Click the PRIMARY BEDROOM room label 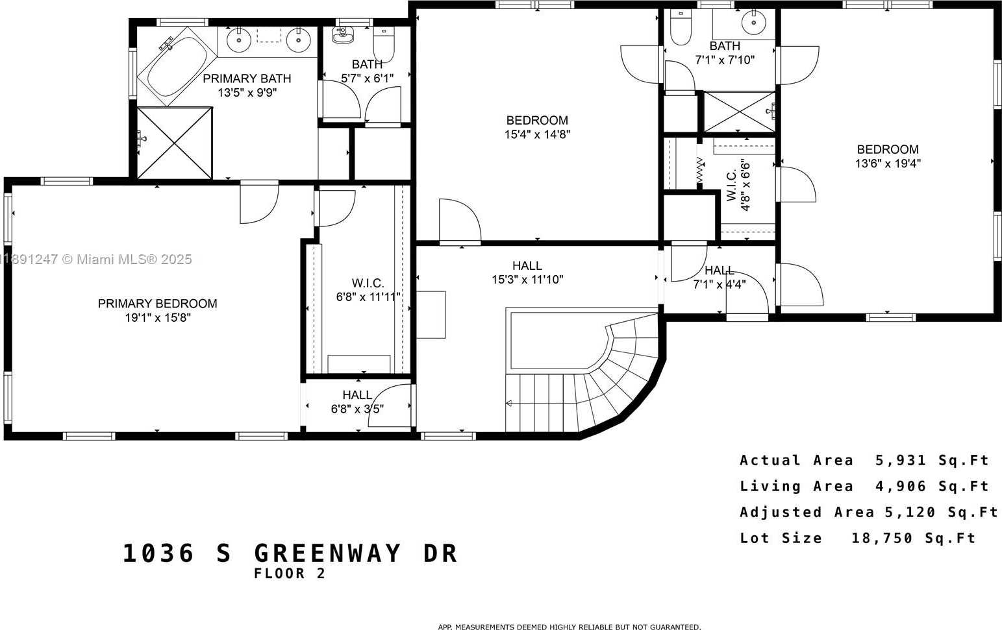(x=157, y=304)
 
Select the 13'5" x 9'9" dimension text (x=247, y=93)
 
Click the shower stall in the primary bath (x=175, y=143)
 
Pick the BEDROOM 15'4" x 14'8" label (x=537, y=127)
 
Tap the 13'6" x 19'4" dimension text (x=888, y=164)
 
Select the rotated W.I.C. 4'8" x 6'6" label (x=738, y=185)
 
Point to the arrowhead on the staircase (x=509, y=404)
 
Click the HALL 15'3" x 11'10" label (x=527, y=273)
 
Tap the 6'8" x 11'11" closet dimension (x=368, y=297)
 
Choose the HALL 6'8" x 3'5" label (x=357, y=402)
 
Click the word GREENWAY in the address (x=327, y=553)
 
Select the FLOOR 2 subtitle (x=290, y=574)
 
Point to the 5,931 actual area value (x=901, y=460)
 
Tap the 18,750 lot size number (x=882, y=538)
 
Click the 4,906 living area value (x=901, y=486)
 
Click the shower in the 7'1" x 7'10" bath (x=740, y=112)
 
